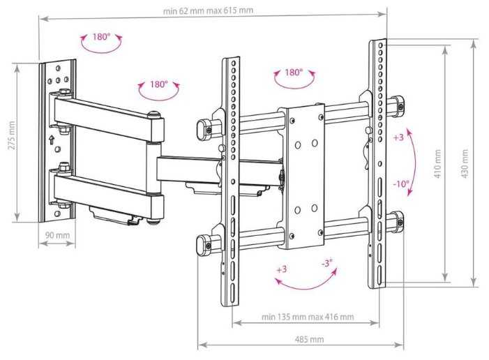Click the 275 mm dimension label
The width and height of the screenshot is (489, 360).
(12, 135)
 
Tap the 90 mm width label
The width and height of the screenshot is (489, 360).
(57, 235)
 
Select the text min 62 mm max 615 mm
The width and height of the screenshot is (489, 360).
(208, 11)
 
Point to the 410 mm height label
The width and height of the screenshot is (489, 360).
(437, 164)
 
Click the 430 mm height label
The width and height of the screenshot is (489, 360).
(465, 164)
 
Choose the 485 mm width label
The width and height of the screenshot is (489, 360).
(309, 339)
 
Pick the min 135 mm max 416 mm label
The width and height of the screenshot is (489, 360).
(308, 317)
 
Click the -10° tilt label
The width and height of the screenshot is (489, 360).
(401, 183)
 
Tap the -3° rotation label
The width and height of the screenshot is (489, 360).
(327, 264)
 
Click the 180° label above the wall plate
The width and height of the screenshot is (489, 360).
(101, 37)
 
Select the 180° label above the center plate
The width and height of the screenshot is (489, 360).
(294, 73)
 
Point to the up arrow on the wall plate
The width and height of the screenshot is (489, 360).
(52, 140)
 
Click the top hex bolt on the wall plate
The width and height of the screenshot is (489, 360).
(64, 93)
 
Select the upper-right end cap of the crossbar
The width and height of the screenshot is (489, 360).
(398, 105)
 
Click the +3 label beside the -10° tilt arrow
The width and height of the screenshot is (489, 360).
(398, 137)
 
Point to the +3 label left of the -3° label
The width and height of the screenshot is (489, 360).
(282, 269)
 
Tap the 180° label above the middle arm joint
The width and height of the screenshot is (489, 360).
(159, 84)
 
